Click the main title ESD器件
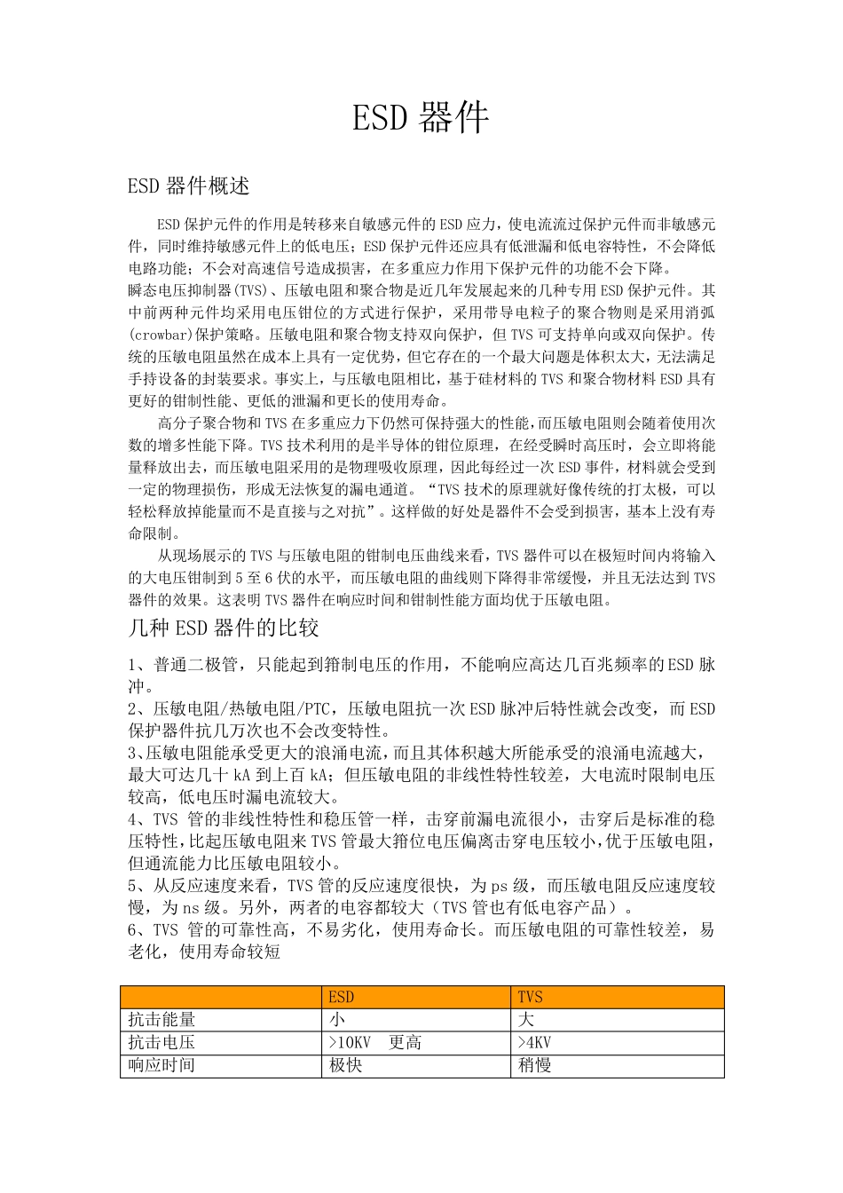tap(421, 118)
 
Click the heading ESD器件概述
tap(189, 186)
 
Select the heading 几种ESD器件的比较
tap(224, 629)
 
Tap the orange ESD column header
tap(341, 998)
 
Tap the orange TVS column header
tap(530, 998)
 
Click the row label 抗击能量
tap(162, 1020)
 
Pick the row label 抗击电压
tap(162, 1042)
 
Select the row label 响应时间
tap(162, 1064)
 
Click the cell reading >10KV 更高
tap(374, 1042)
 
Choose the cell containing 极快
tap(345, 1064)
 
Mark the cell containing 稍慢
tap(534, 1064)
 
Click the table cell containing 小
tap(337, 1020)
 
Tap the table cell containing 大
tap(526, 1020)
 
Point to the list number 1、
tap(138, 665)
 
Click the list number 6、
tap(138, 930)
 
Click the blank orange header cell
tap(221, 998)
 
